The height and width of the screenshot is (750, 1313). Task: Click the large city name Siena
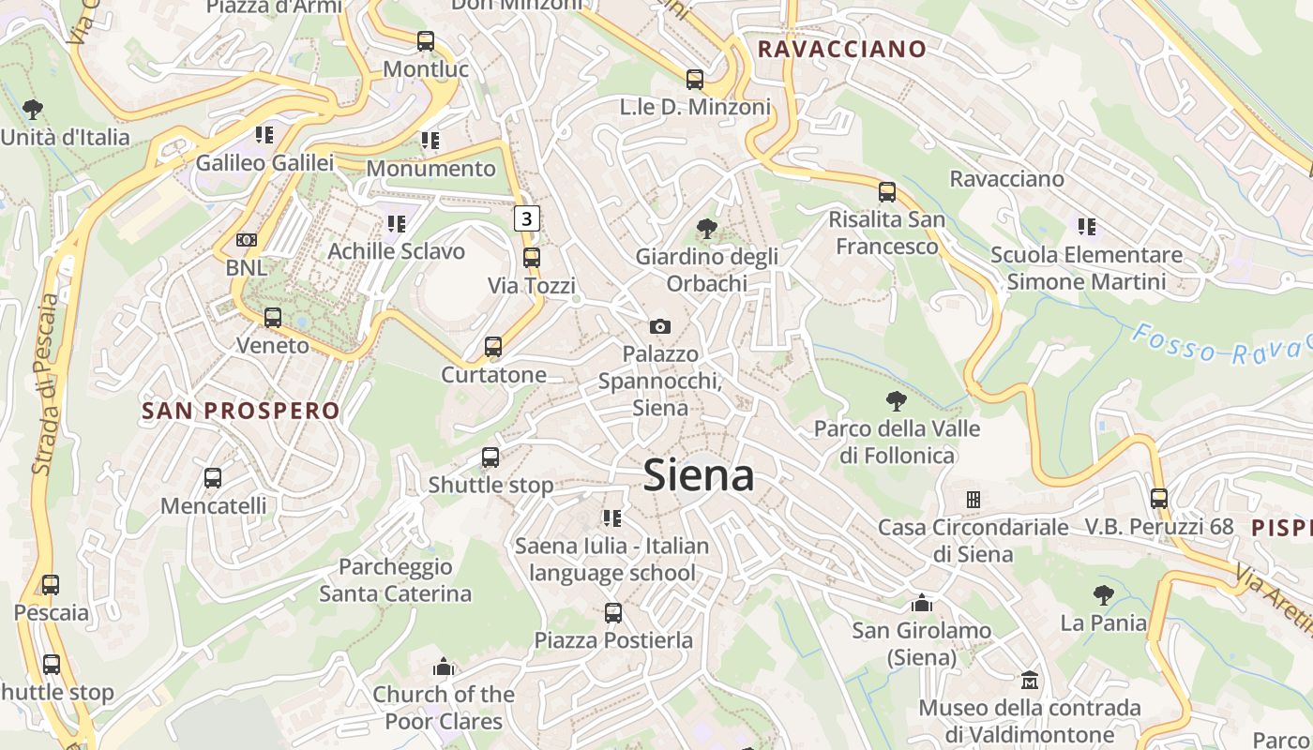coord(699,475)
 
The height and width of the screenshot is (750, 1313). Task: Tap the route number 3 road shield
coord(527,219)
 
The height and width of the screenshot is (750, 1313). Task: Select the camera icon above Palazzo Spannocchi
coord(660,326)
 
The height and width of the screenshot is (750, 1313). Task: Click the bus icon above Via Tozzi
coord(532,257)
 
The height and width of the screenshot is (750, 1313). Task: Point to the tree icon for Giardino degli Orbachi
coord(706,229)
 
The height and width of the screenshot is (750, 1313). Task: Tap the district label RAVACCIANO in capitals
coord(841,49)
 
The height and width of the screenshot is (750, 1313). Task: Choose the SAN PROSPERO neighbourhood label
coord(240,411)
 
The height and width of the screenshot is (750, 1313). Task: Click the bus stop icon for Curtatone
coord(493,347)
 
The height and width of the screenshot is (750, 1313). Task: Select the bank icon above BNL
coord(246,240)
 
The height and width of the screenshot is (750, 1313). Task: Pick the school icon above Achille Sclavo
coord(396,224)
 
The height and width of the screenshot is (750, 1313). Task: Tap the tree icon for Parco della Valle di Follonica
coord(897,401)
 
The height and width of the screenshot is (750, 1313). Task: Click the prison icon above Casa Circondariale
coord(973,500)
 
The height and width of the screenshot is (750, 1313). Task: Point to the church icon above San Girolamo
coord(922,603)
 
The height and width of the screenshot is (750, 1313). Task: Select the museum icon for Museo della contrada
coord(1030,680)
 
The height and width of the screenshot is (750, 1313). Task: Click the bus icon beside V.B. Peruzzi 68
coord(1159,499)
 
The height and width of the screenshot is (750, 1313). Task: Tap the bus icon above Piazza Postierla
coord(613,613)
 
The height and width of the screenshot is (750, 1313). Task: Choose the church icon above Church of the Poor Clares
coord(444,667)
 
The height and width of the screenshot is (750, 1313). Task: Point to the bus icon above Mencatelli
coord(213,478)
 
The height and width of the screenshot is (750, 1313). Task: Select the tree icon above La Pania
coord(1104,594)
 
